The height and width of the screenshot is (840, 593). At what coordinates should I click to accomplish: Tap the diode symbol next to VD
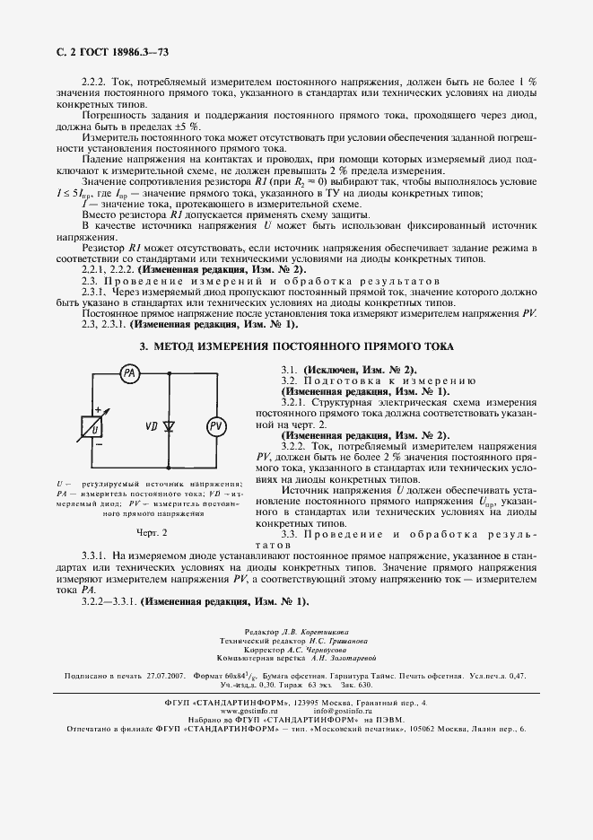click(170, 423)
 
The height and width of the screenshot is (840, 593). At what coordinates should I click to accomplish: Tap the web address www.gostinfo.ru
click(236, 710)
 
